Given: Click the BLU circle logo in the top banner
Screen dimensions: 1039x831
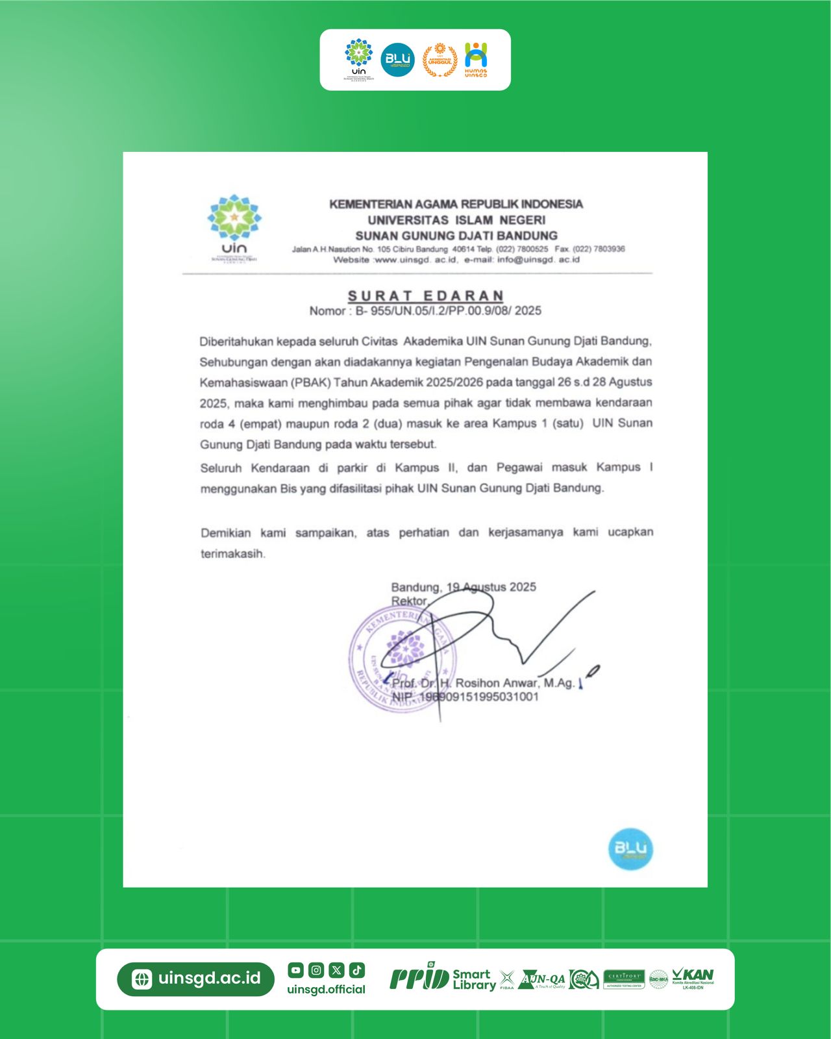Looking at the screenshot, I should (x=397, y=60).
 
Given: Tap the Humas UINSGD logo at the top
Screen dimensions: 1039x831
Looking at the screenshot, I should (x=476, y=60).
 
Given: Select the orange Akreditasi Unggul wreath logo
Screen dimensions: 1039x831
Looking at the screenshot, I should (x=440, y=60).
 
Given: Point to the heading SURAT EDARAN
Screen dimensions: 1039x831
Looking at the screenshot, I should (x=426, y=296).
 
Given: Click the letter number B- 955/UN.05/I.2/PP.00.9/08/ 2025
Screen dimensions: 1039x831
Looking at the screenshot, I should (x=448, y=311).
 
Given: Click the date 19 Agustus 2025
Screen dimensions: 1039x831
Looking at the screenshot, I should (x=491, y=587).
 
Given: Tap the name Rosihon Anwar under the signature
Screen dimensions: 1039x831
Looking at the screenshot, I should (x=497, y=683).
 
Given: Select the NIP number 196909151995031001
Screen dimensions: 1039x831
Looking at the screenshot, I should (x=479, y=697).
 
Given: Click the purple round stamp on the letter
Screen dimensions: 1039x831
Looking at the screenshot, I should (x=403, y=659).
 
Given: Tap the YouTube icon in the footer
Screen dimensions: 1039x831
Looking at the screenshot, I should (x=296, y=970).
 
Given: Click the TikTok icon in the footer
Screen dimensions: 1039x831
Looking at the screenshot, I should (x=357, y=970).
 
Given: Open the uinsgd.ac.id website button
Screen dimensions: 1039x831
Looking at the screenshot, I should (x=196, y=979).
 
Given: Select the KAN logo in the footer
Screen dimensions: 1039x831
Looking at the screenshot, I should (x=693, y=977).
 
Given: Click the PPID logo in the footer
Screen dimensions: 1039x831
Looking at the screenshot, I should (x=419, y=977).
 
